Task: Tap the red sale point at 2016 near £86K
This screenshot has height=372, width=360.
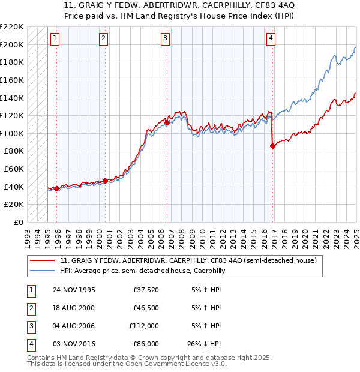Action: tap(273, 145)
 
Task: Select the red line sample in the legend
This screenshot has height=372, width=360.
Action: tap(43, 260)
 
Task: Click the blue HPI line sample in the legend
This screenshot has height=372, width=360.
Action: tap(43, 271)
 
